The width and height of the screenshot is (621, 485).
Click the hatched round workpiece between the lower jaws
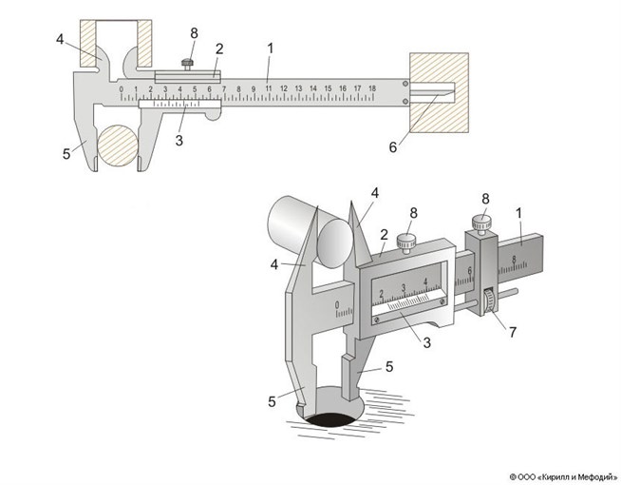[x=122, y=145]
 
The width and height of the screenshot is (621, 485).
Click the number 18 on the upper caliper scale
[x=372, y=88]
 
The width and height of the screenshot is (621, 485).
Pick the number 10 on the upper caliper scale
[x=254, y=88]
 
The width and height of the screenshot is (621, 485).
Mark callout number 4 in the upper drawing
[x=59, y=39]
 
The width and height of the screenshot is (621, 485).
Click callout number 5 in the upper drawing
[x=66, y=151]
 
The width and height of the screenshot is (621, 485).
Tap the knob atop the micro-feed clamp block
[x=481, y=223]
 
